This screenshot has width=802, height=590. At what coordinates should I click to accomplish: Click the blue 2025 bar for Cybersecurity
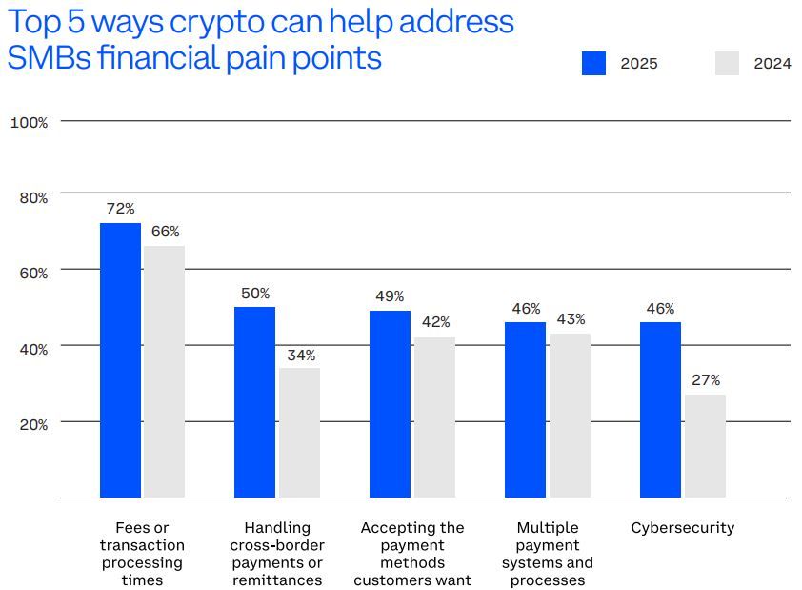tap(660, 410)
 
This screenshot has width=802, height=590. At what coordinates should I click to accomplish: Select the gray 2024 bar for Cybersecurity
tap(705, 446)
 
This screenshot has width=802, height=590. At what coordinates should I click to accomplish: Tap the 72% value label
tap(120, 209)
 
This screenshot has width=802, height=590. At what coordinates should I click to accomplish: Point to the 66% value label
tap(165, 232)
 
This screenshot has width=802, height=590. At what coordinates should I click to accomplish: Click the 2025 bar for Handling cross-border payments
tap(254, 402)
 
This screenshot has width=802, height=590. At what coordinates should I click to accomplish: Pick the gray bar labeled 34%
tap(299, 433)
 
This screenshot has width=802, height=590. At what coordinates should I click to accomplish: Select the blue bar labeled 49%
tap(390, 404)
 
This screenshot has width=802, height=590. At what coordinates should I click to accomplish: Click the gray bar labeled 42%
tap(434, 417)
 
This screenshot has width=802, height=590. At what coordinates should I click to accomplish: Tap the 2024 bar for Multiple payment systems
tap(570, 416)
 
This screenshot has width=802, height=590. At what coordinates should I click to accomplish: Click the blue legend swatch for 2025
tap(593, 64)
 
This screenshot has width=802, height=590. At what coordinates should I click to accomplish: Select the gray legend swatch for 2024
tap(727, 64)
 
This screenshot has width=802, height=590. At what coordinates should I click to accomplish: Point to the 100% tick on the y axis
tap(29, 122)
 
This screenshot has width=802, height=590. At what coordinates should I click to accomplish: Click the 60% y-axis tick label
tap(33, 273)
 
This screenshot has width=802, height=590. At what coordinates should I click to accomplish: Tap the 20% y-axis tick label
tap(33, 424)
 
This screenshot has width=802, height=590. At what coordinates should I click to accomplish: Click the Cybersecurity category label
tap(683, 528)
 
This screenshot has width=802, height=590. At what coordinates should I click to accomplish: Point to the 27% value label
tap(705, 380)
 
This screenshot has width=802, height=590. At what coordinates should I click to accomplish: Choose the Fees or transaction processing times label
tap(143, 554)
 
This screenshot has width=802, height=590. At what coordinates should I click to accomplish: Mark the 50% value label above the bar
tap(255, 293)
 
